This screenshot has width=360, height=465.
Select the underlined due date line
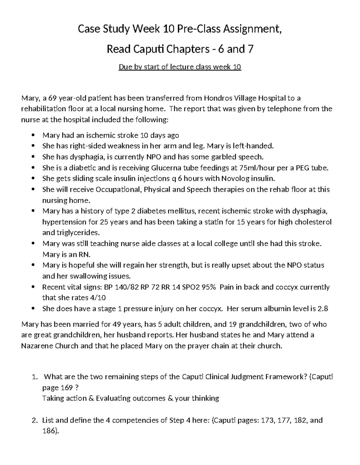[180, 67]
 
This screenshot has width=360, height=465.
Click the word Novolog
[234, 179]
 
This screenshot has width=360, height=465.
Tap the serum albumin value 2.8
[322, 309]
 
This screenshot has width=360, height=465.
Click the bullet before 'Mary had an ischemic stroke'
[33, 136]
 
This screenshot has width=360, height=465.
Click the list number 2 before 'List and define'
[34, 420]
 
